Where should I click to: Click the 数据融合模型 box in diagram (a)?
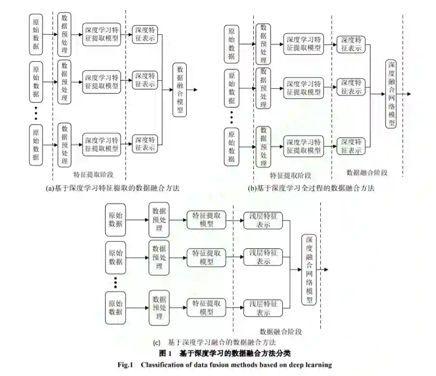(x=180, y=90)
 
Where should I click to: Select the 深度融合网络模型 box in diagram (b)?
(x=392, y=94)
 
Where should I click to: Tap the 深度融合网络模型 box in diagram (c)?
(x=309, y=270)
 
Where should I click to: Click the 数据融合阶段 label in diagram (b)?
(x=367, y=172)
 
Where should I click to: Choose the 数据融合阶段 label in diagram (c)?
(x=281, y=332)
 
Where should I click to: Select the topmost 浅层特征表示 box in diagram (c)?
(x=263, y=220)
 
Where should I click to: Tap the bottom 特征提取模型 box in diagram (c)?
(x=207, y=308)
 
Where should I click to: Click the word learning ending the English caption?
(x=318, y=364)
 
